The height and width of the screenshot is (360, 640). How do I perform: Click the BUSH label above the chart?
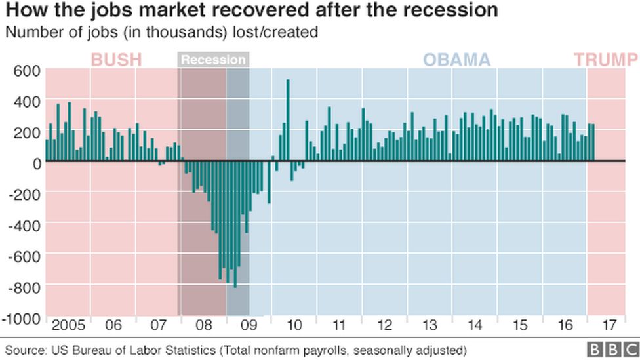point(115,60)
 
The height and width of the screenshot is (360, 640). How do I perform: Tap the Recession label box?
point(213,60)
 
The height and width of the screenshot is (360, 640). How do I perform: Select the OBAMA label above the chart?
point(456,60)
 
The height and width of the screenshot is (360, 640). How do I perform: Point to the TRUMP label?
point(606,60)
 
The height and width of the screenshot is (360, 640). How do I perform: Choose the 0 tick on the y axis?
point(36,163)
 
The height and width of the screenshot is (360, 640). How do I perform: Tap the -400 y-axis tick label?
point(25,225)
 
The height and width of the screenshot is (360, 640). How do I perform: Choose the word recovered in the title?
point(260,11)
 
